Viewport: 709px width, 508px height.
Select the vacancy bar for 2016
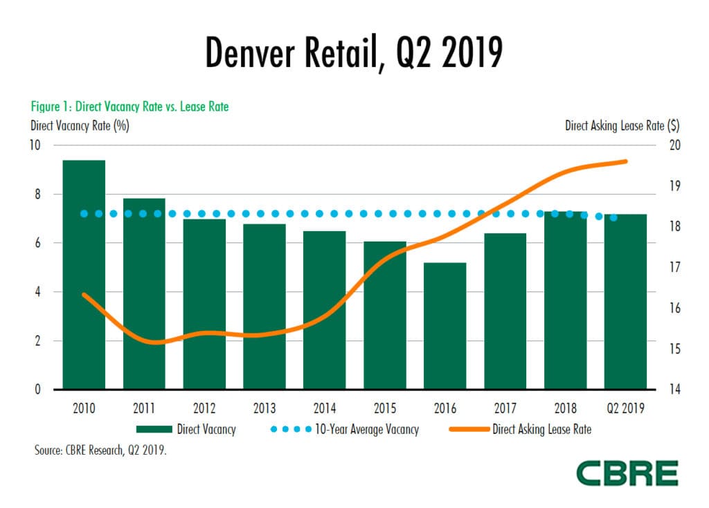(445, 325)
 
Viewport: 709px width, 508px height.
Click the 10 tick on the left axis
(35, 145)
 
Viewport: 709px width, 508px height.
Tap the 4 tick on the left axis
(38, 292)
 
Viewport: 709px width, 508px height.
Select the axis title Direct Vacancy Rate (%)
(80, 125)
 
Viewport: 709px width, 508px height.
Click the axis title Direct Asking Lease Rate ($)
(622, 125)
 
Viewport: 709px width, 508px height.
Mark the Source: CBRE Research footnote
(101, 450)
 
